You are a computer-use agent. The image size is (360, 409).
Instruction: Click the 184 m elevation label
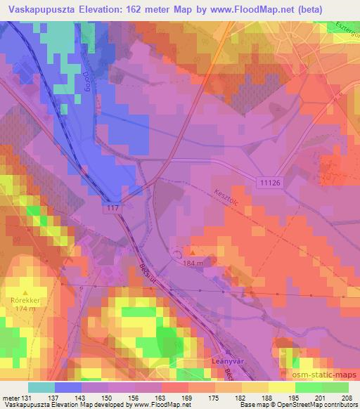(194, 263)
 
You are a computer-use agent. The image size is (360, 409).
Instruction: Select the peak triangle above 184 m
(193, 252)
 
